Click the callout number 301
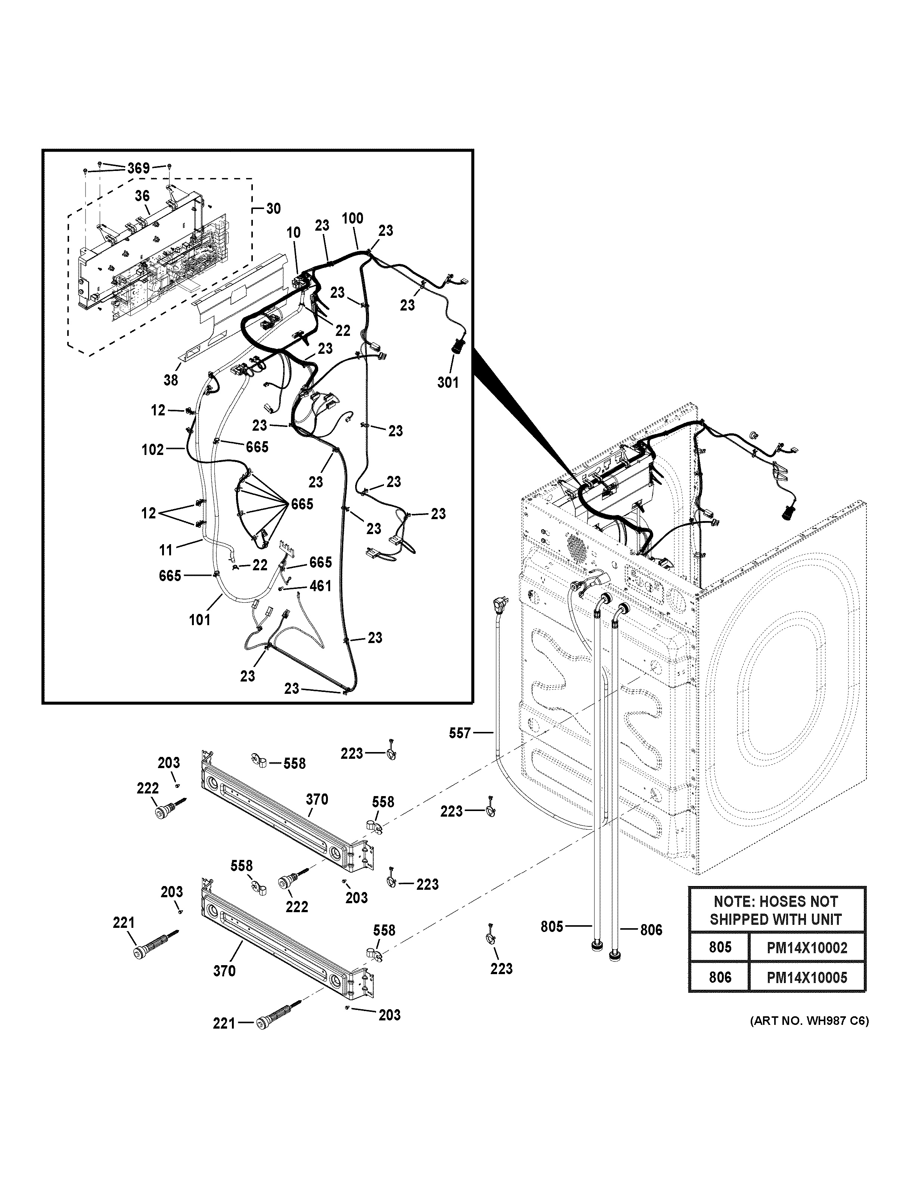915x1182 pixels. [448, 382]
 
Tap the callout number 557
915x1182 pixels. [460, 733]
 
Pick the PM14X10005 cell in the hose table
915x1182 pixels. [806, 977]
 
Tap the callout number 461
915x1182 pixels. [320, 586]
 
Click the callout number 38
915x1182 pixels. [171, 380]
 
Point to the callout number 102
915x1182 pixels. [153, 449]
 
